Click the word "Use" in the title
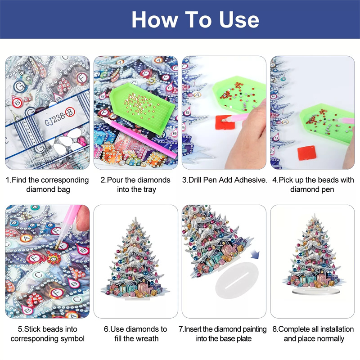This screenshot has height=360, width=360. [x=239, y=20]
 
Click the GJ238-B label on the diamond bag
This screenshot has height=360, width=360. [x=60, y=117]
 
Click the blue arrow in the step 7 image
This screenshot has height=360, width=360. [x=255, y=254]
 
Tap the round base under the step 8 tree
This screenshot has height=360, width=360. [x=313, y=292]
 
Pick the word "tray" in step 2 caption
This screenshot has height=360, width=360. [x=150, y=189]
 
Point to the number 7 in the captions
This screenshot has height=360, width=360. [x=181, y=329]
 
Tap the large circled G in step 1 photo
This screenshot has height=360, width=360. [x=19, y=86]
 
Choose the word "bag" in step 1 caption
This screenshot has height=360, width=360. [x=64, y=190]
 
